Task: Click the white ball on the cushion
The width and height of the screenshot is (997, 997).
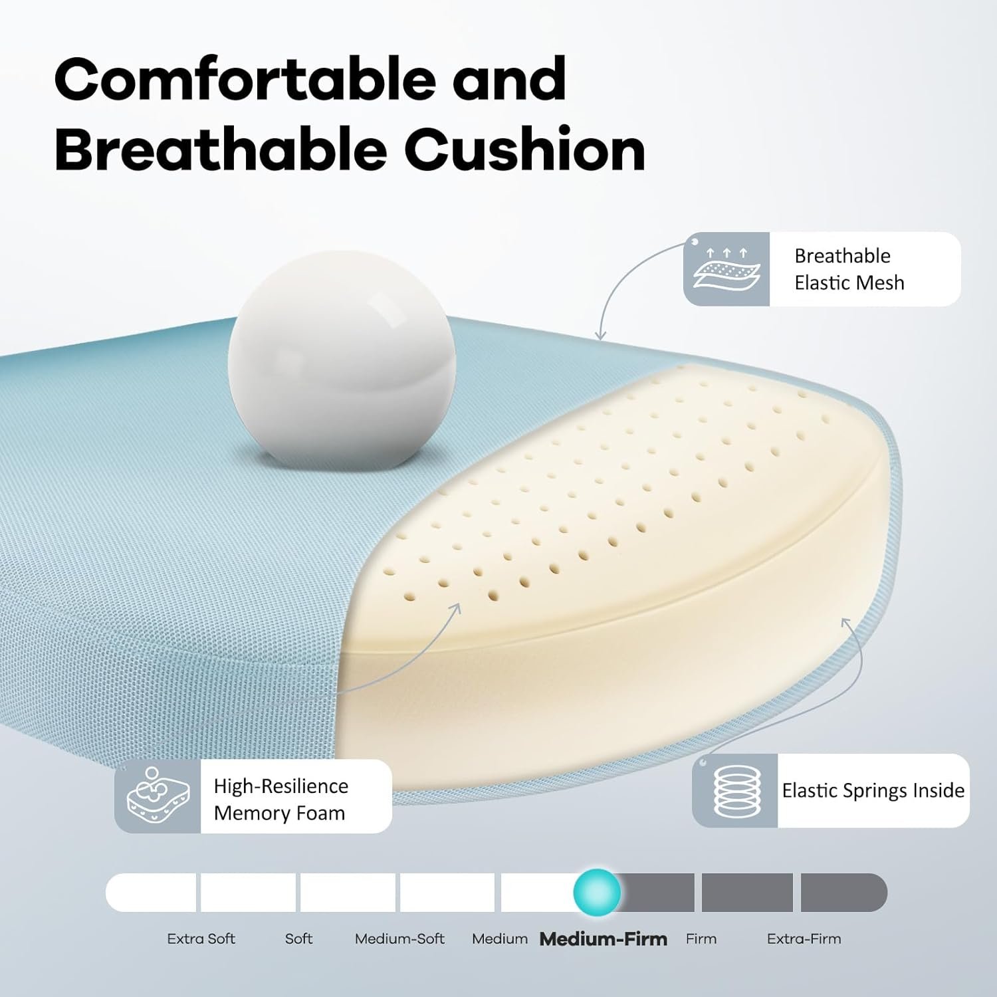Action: click(x=342, y=360)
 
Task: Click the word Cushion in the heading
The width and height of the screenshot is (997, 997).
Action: click(x=524, y=150)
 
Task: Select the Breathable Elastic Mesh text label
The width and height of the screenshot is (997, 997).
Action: click(x=849, y=269)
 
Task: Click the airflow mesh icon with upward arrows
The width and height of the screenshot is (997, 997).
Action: click(x=726, y=269)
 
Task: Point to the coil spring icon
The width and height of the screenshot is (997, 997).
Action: click(x=734, y=791)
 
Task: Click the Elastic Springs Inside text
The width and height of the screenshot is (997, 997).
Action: click(x=873, y=790)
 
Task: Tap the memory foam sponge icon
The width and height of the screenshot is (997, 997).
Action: click(x=158, y=796)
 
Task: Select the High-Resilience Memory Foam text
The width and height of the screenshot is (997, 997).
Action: click(x=280, y=800)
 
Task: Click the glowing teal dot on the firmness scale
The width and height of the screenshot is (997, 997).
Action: click(x=597, y=892)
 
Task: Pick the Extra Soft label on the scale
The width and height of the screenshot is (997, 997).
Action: click(x=201, y=939)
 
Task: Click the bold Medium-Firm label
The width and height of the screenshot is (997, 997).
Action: click(x=603, y=939)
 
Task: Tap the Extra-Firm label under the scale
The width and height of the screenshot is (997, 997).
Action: click(x=804, y=939)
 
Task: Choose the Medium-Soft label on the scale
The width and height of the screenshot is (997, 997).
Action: click(x=399, y=939)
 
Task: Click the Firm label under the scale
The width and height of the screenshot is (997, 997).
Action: click(x=701, y=939)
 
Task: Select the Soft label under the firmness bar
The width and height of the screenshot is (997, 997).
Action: click(x=298, y=939)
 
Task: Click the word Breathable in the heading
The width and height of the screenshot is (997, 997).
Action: click(x=221, y=150)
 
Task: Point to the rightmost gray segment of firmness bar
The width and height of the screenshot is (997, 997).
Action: click(x=843, y=892)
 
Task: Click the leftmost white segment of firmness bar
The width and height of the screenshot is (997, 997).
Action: click(x=151, y=892)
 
